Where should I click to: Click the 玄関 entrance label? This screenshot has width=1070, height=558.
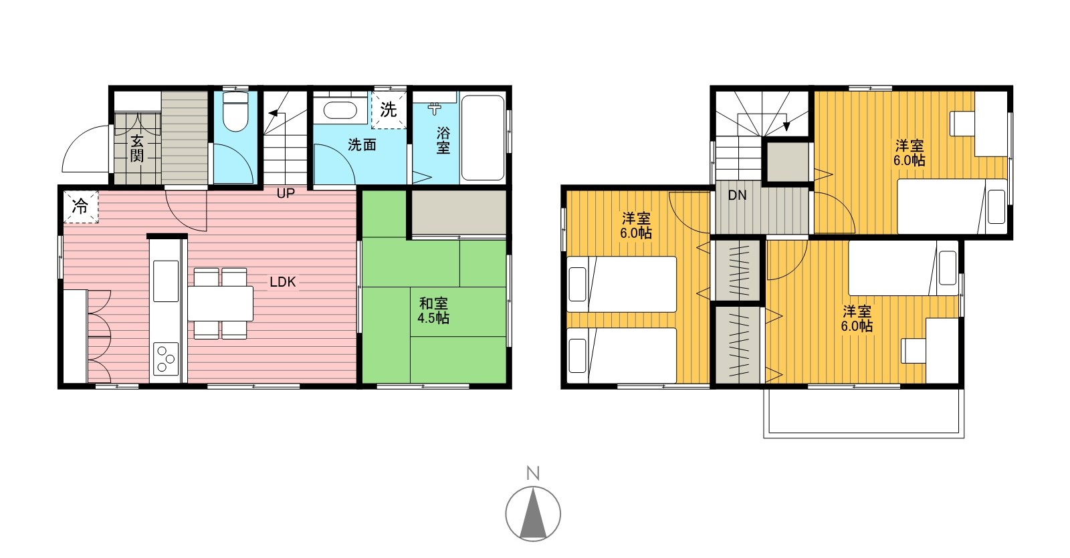(x=136, y=148)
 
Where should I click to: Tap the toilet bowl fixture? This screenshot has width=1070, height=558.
(x=235, y=112)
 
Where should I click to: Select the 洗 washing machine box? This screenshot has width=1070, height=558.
(x=389, y=110)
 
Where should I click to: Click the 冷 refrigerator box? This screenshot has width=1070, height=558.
(x=81, y=206)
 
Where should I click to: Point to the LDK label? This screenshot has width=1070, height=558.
(x=283, y=282)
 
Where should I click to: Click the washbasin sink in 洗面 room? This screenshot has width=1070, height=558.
(x=340, y=110)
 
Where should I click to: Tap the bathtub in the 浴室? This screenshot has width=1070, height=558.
(x=483, y=138)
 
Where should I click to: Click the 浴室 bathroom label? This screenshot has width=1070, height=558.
(x=443, y=140)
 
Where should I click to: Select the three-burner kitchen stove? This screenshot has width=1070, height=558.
(x=166, y=358)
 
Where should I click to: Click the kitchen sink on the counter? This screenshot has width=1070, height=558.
(x=166, y=281)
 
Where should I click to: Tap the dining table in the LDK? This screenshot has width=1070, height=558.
(x=220, y=303)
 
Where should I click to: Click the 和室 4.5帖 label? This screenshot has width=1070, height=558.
(x=433, y=311)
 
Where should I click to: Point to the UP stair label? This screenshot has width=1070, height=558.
(x=286, y=193)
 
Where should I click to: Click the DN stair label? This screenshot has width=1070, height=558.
(x=737, y=195)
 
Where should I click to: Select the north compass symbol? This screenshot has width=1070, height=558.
(x=533, y=514)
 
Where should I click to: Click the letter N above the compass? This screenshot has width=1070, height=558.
(x=533, y=473)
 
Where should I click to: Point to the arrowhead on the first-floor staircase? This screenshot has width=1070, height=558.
(x=274, y=114)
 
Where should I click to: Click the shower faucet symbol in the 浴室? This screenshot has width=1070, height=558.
(x=434, y=108)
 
